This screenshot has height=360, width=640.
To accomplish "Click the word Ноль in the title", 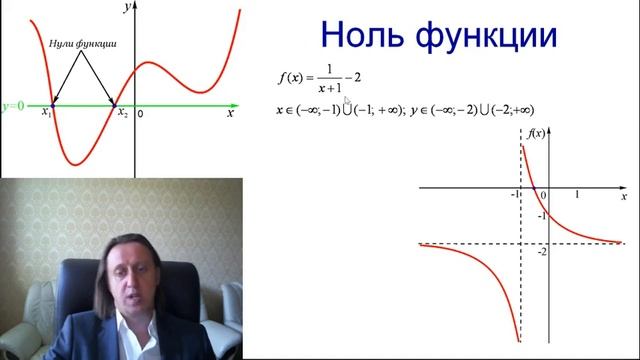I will click(x=366, y=36).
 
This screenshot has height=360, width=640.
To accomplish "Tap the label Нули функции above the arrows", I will click(x=83, y=45).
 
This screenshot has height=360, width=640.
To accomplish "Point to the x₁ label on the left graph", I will click(x=47, y=114).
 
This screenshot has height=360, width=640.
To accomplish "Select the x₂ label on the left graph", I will click(x=122, y=114).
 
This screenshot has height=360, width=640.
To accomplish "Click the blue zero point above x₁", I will click(x=52, y=103).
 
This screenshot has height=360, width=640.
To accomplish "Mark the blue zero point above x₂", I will click(x=117, y=103).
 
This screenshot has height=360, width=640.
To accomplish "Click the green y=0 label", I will click(x=13, y=104).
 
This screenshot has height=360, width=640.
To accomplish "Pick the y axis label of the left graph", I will click(x=127, y=7).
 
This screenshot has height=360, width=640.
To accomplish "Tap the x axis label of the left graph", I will click(x=230, y=114).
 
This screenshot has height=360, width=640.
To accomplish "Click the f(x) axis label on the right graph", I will click(x=536, y=133).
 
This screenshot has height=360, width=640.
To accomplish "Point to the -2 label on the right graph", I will click(x=541, y=251).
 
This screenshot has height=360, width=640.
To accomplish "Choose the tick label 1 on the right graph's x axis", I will click(x=577, y=194).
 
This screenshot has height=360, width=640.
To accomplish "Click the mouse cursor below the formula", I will click(x=346, y=101).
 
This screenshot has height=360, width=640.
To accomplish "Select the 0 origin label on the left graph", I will click(x=140, y=114).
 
